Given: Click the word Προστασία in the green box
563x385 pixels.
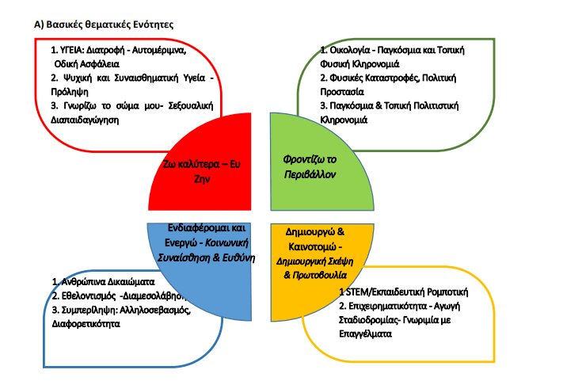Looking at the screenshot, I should coord(342,92).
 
